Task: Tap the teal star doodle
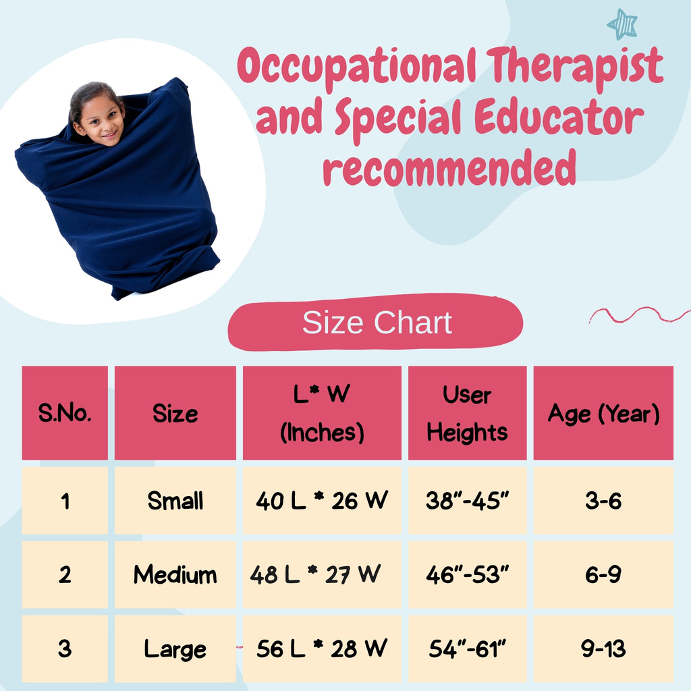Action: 622,24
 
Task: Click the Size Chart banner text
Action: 377,322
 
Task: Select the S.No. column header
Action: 65,413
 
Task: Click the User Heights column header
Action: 467,413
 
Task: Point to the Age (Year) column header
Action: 603,413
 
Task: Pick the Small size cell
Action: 175,501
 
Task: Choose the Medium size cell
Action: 175,575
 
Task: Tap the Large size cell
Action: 175,648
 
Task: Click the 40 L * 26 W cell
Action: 322,501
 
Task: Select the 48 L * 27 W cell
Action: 322,575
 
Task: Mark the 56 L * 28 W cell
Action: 322,648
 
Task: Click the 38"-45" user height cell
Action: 467,501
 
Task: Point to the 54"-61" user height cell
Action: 467,648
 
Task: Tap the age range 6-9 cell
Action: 603,575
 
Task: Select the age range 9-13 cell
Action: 603,648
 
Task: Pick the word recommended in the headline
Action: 449,168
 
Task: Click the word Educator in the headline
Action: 559,117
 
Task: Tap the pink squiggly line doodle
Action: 639,314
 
